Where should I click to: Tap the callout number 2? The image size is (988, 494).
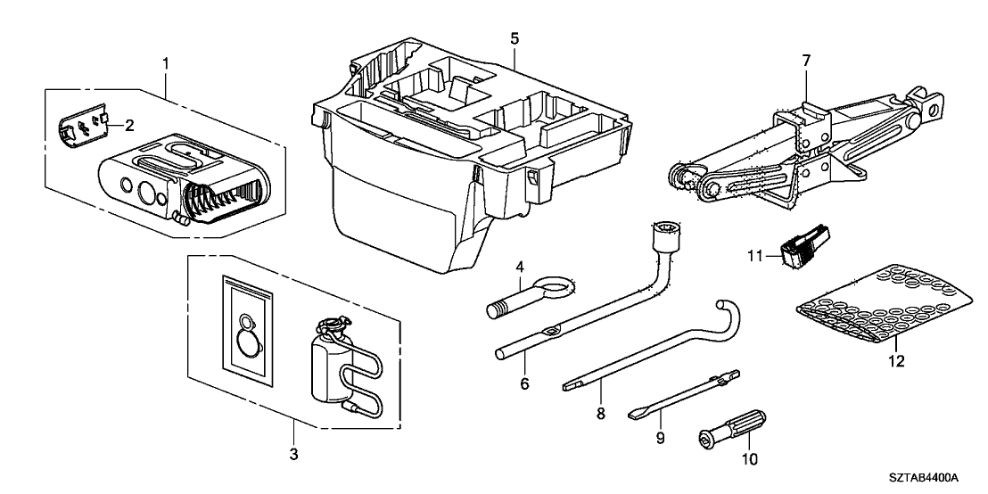coord(128,125)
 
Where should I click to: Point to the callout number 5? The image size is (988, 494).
coord(515,38)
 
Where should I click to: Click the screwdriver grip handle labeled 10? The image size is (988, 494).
coord(733,428)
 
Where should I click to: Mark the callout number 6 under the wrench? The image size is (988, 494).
coord(524,383)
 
